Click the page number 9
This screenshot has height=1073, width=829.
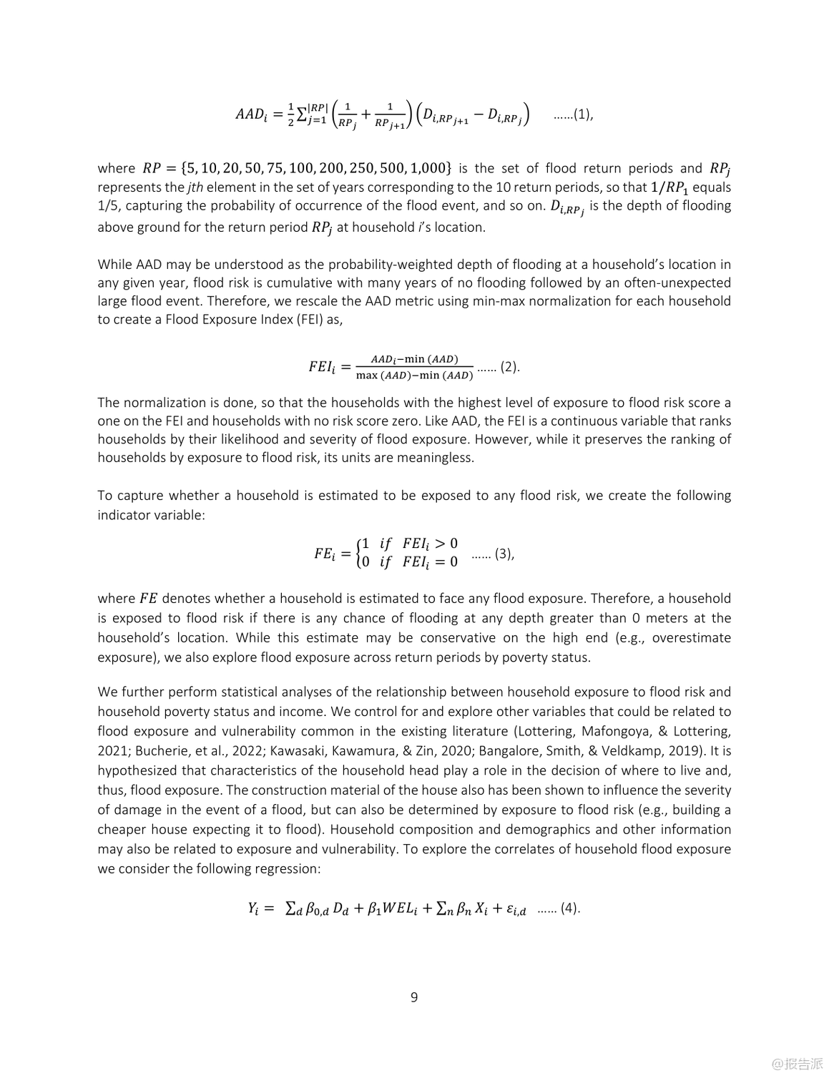414,996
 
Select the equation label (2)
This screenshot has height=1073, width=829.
509,367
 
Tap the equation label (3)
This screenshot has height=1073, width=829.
504,553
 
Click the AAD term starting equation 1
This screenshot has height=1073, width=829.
250,114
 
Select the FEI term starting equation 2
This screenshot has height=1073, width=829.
321,367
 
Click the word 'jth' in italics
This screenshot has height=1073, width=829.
195,187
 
